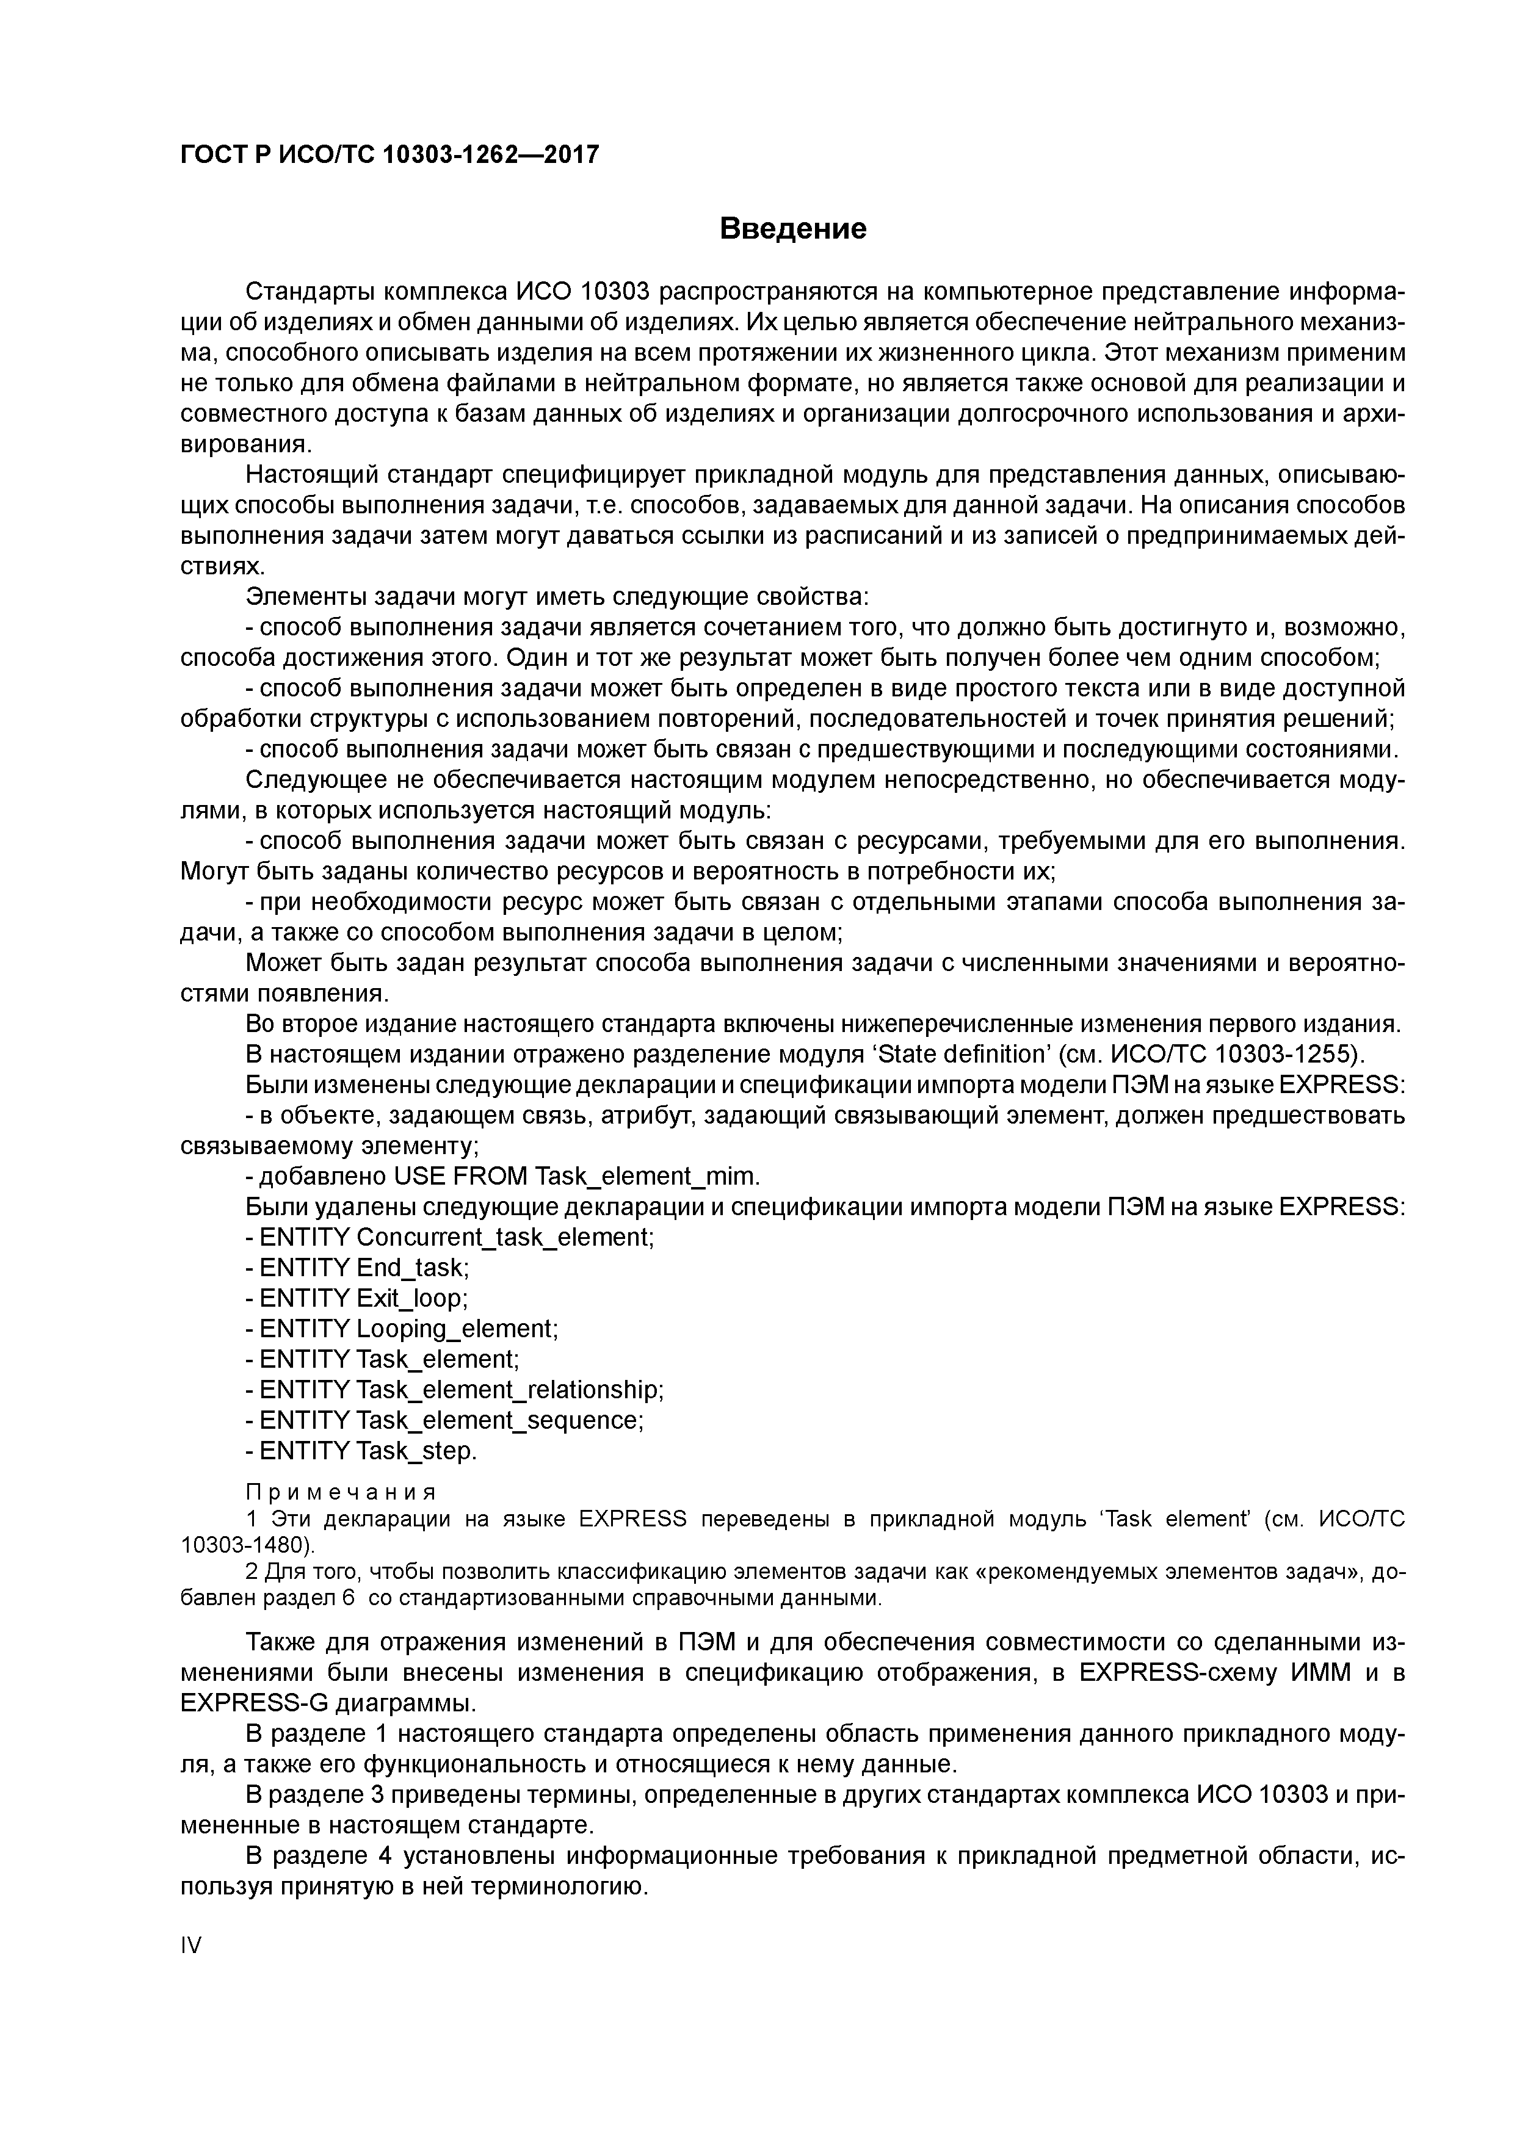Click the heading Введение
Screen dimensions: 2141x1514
pos(793,228)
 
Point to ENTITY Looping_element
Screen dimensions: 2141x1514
pos(401,1329)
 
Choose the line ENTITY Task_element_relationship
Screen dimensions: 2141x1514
pos(454,1390)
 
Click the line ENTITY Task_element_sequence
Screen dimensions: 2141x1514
pos(444,1421)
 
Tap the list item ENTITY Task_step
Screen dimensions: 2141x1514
pos(361,1452)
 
